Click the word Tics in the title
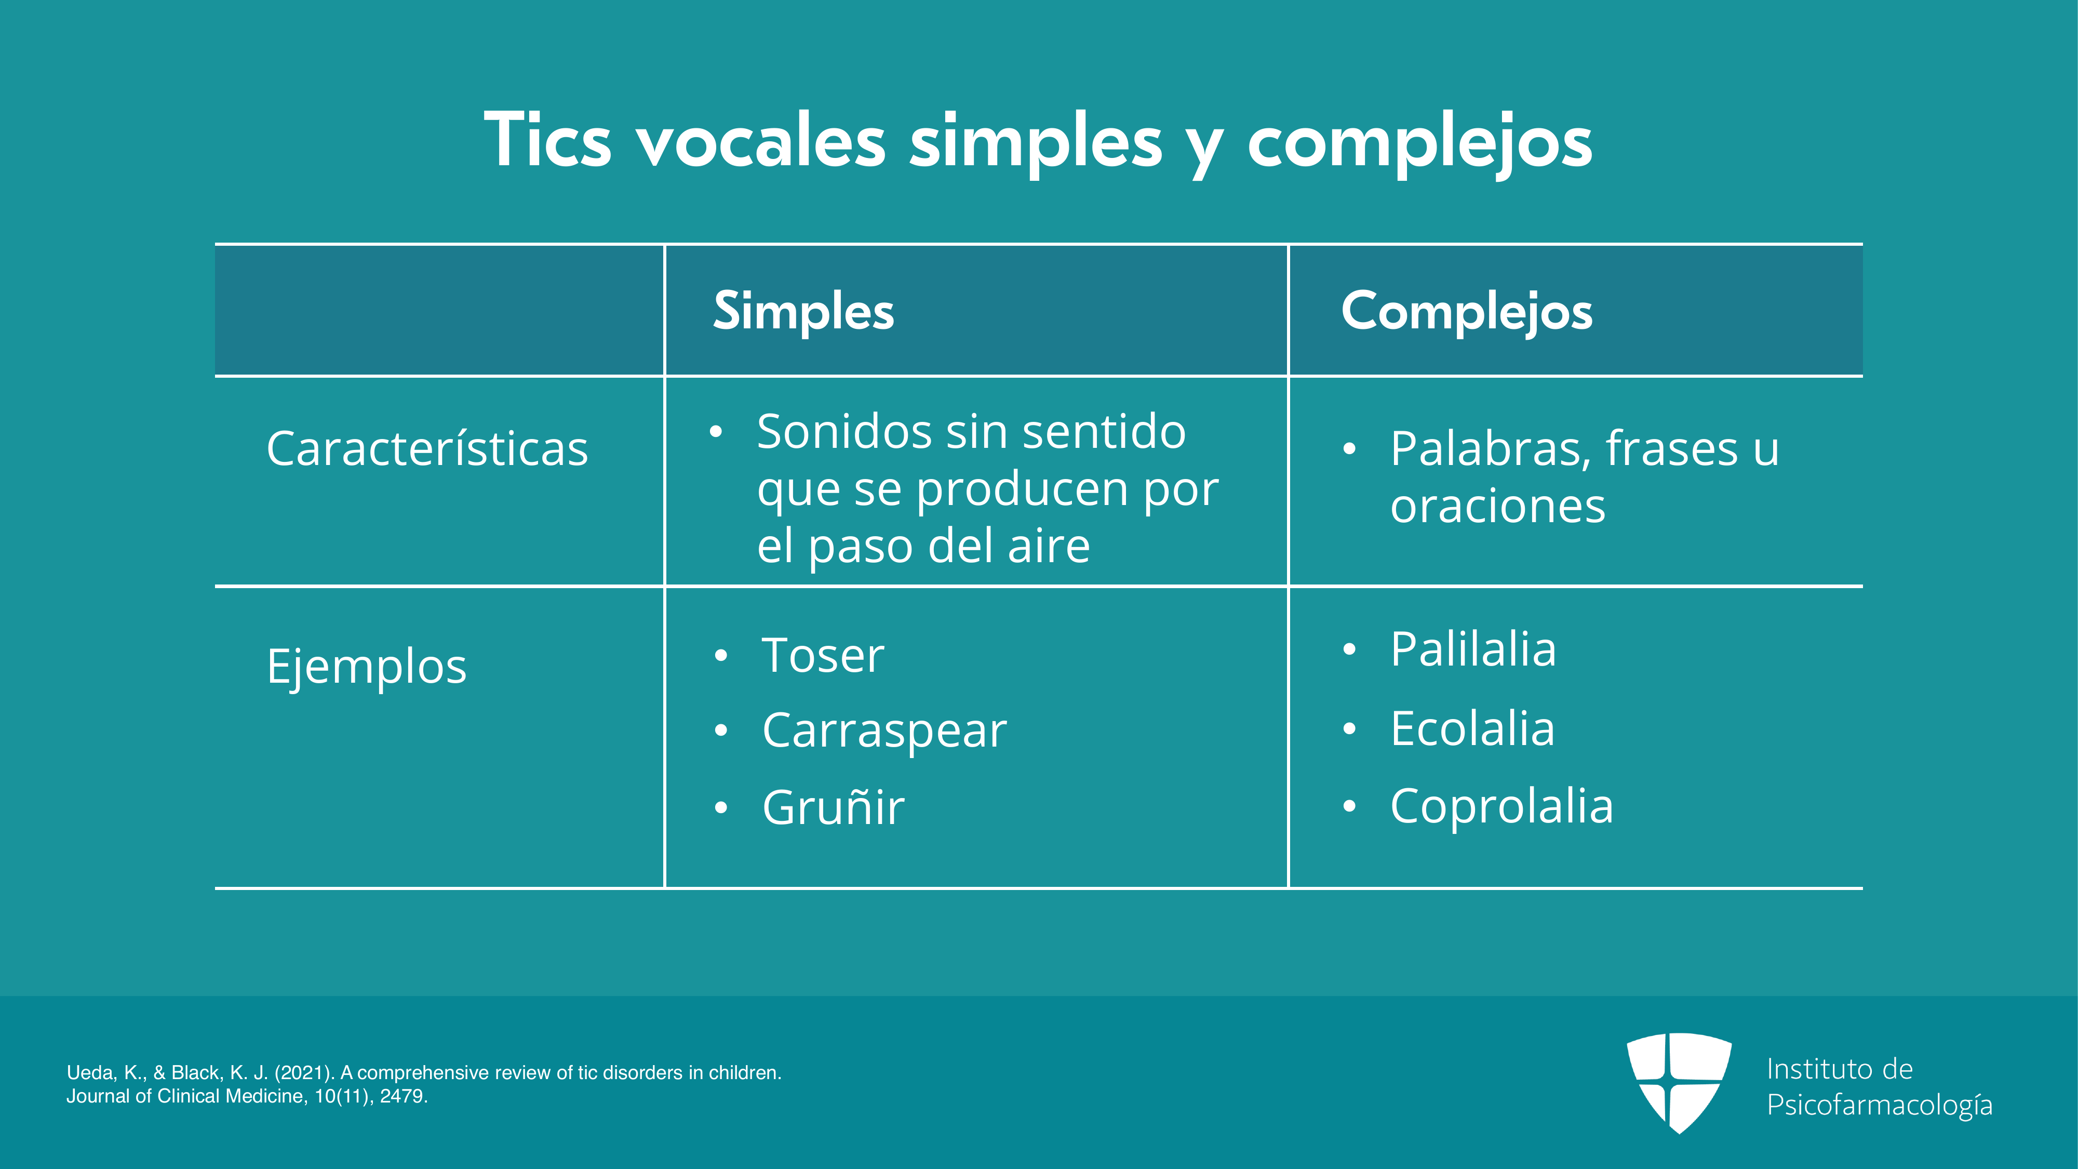tap(548, 140)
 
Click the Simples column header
tap(803, 311)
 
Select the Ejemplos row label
tap(367, 667)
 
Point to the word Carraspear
tap(884, 732)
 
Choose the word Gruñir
tap(833, 807)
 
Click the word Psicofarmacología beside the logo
tap(1880, 1105)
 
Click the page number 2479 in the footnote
tap(404, 1096)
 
